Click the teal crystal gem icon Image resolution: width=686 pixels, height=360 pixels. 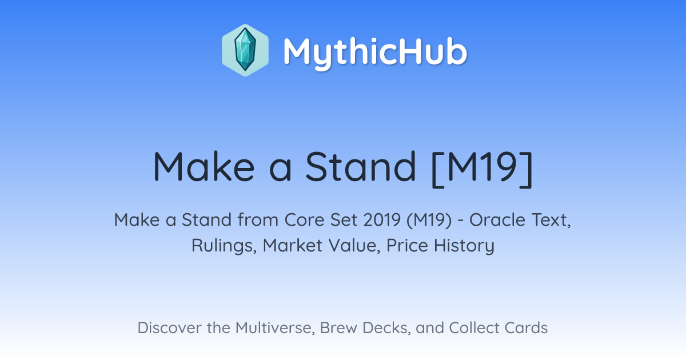click(245, 50)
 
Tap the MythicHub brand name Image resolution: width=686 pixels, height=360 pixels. click(376, 52)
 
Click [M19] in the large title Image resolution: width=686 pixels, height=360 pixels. click(482, 168)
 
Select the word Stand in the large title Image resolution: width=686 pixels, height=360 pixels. click(361, 166)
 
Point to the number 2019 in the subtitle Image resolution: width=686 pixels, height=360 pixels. click(382, 220)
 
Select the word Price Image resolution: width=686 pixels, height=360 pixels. click(407, 245)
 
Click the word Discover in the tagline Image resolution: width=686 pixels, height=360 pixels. click(170, 327)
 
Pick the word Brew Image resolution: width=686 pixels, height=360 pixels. click(338, 327)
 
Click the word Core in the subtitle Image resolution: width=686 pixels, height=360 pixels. click(304, 220)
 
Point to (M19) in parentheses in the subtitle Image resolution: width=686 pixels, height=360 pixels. click(429, 220)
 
